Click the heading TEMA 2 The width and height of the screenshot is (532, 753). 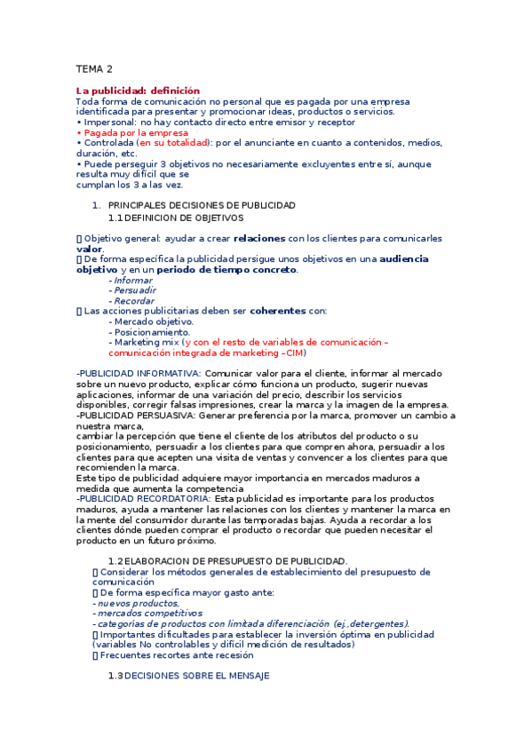click(x=94, y=68)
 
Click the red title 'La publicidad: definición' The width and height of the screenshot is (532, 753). click(x=138, y=91)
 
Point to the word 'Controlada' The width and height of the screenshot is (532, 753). click(x=108, y=142)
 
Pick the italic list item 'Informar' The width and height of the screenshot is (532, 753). click(x=133, y=280)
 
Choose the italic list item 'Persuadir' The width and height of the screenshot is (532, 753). click(x=134, y=290)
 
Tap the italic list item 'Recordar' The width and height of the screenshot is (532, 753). click(x=133, y=301)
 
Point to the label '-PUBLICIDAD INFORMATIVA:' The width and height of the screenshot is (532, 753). click(x=126, y=374)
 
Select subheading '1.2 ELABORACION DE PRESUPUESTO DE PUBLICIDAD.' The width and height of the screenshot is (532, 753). click(x=227, y=560)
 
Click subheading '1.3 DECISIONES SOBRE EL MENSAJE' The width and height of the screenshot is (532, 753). click(x=188, y=676)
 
